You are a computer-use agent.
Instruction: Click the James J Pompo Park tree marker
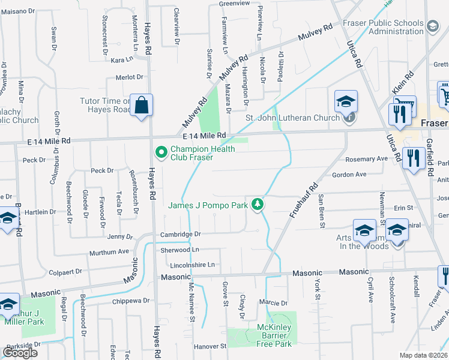coord(258,205)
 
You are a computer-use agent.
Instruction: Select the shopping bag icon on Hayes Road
coord(140,106)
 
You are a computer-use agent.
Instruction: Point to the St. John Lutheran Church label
coord(293,118)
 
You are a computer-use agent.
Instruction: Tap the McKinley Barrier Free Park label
coord(274,340)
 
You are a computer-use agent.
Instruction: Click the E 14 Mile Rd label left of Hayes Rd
coord(49,140)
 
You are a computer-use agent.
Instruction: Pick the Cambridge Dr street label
coord(179,234)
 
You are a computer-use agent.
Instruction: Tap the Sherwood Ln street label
coord(179,250)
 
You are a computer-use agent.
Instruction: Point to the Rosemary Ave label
coord(367,159)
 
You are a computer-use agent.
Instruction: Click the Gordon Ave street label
coord(349,175)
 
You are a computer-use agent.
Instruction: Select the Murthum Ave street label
coord(109,252)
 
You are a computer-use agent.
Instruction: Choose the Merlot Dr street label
coord(130,77)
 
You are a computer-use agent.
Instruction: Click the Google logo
coord(20,353)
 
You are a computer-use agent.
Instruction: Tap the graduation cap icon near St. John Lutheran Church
coord(346,101)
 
